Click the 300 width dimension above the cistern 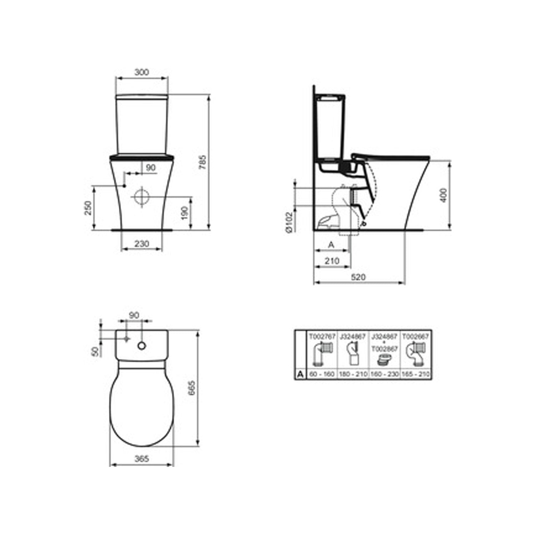pos(142,72)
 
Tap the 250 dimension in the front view pos(88,208)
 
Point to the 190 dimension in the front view pos(184,213)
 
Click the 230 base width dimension pos(142,244)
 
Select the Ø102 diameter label pos(289,223)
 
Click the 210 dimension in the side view pos(332,261)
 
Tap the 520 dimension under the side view pos(358,277)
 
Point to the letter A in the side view pos(331,245)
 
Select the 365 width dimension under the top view pos(142,459)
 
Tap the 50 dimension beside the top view pos(95,352)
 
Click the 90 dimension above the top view pos(134,315)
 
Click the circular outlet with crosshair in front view pos(142,196)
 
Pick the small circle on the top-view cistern pos(142,346)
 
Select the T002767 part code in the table pos(322,336)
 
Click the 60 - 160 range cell pos(322,374)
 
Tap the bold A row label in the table pos(300,374)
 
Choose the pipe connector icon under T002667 pos(416,354)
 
